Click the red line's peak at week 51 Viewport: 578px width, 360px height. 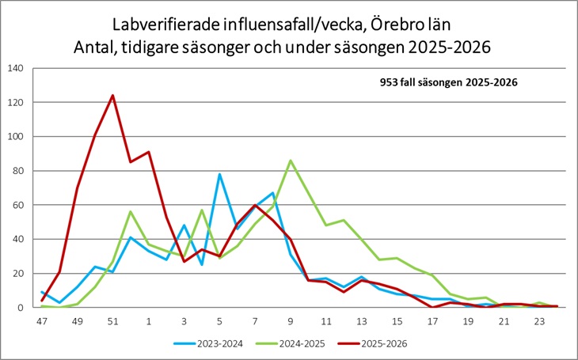click(x=112, y=96)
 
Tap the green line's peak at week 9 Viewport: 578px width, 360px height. click(x=291, y=161)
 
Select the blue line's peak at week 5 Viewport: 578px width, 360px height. click(x=219, y=174)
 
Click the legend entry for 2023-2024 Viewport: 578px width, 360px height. click(x=208, y=344)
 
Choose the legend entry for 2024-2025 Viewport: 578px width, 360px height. click(x=291, y=344)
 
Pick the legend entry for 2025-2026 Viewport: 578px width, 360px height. click(x=372, y=344)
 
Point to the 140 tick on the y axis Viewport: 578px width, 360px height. click(x=16, y=68)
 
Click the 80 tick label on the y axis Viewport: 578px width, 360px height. click(x=17, y=171)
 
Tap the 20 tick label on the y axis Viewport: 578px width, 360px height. click(x=17, y=274)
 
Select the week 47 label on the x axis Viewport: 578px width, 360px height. click(x=42, y=322)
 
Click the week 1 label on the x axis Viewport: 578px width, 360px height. click(x=149, y=322)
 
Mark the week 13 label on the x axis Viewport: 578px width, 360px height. click(x=362, y=322)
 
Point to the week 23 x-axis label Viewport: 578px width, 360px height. click(x=539, y=322)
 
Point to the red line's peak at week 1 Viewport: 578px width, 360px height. click(x=149, y=152)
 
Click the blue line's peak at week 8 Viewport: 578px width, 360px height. click(x=273, y=193)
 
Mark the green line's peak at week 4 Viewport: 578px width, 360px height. click(x=202, y=210)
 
